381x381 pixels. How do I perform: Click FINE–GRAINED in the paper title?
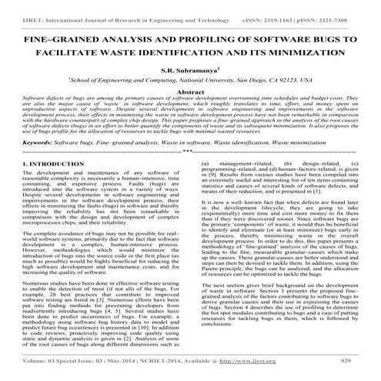coord(52,37)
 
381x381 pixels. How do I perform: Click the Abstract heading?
coord(190,91)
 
